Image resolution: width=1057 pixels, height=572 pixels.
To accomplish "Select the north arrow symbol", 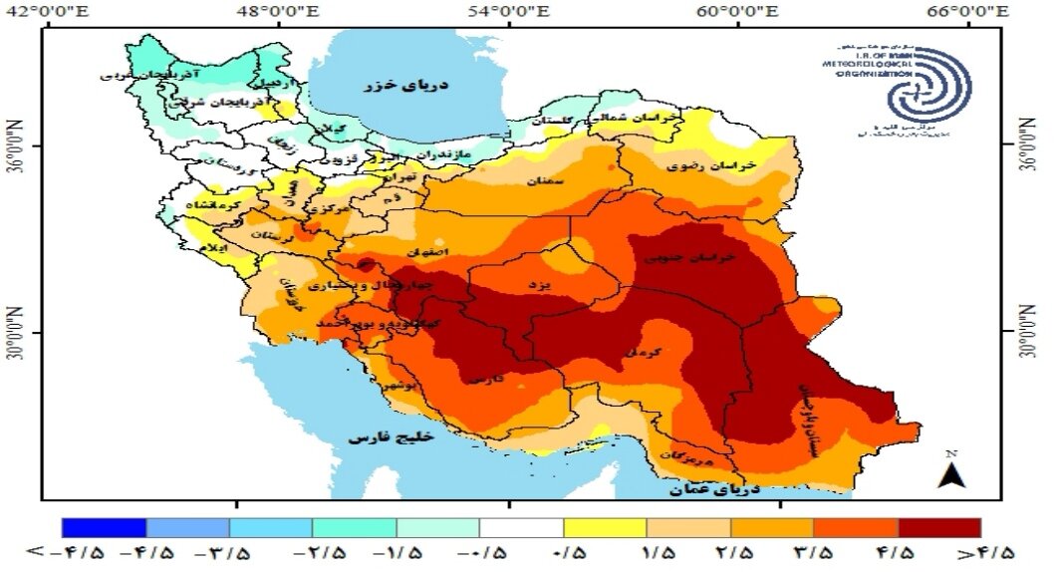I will [x=950, y=472].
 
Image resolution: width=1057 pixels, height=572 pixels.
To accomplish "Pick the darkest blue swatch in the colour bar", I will [x=104, y=528].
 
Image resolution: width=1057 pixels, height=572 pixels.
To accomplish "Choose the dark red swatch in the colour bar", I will [x=938, y=528].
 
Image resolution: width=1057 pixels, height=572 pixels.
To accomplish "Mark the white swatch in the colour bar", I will [x=521, y=528].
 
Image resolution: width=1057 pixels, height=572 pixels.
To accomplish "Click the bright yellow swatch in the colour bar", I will [x=605, y=528].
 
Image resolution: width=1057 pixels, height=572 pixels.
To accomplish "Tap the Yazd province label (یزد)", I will [x=538, y=286].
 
